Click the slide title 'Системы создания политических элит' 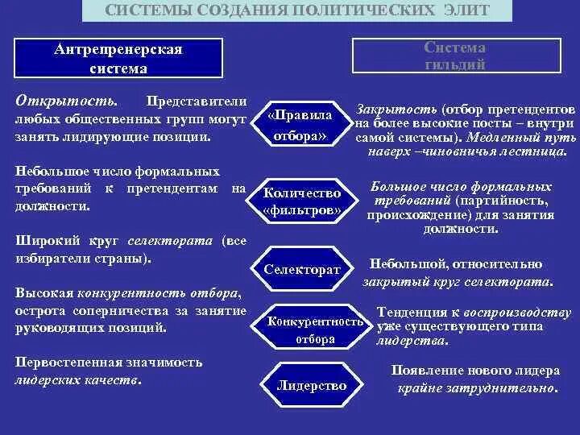pos(297,10)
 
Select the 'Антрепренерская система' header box pos(118,60)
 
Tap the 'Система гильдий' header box pos(455,56)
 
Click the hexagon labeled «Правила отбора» pos(300,126)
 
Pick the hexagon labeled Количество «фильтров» pos(302,202)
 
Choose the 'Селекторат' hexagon pos(302,270)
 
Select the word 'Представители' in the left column pos(195,101)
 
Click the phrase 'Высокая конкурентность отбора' pos(128,292)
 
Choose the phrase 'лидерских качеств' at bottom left pos(77,379)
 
